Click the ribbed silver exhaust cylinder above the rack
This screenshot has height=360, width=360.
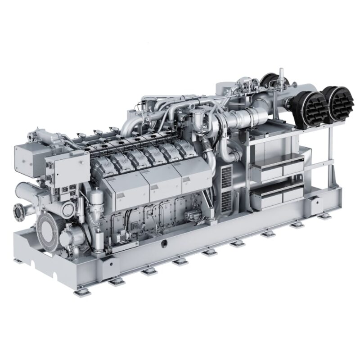240,119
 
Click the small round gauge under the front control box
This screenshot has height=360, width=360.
67,209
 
